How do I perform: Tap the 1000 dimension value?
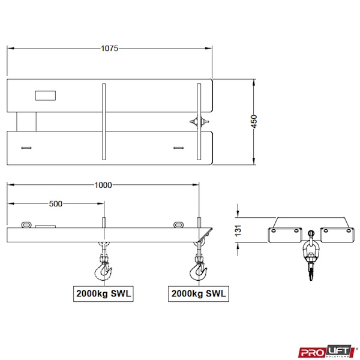(103, 185)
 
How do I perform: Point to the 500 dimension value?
(56, 204)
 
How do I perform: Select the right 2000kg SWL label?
(198, 294)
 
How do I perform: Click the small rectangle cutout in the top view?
(45, 95)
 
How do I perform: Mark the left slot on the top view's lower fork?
(26, 147)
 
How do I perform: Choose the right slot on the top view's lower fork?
(178, 147)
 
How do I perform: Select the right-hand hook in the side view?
(198, 270)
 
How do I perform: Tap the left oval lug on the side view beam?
(26, 225)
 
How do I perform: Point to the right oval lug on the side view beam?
(179, 225)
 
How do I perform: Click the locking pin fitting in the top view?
(199, 122)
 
